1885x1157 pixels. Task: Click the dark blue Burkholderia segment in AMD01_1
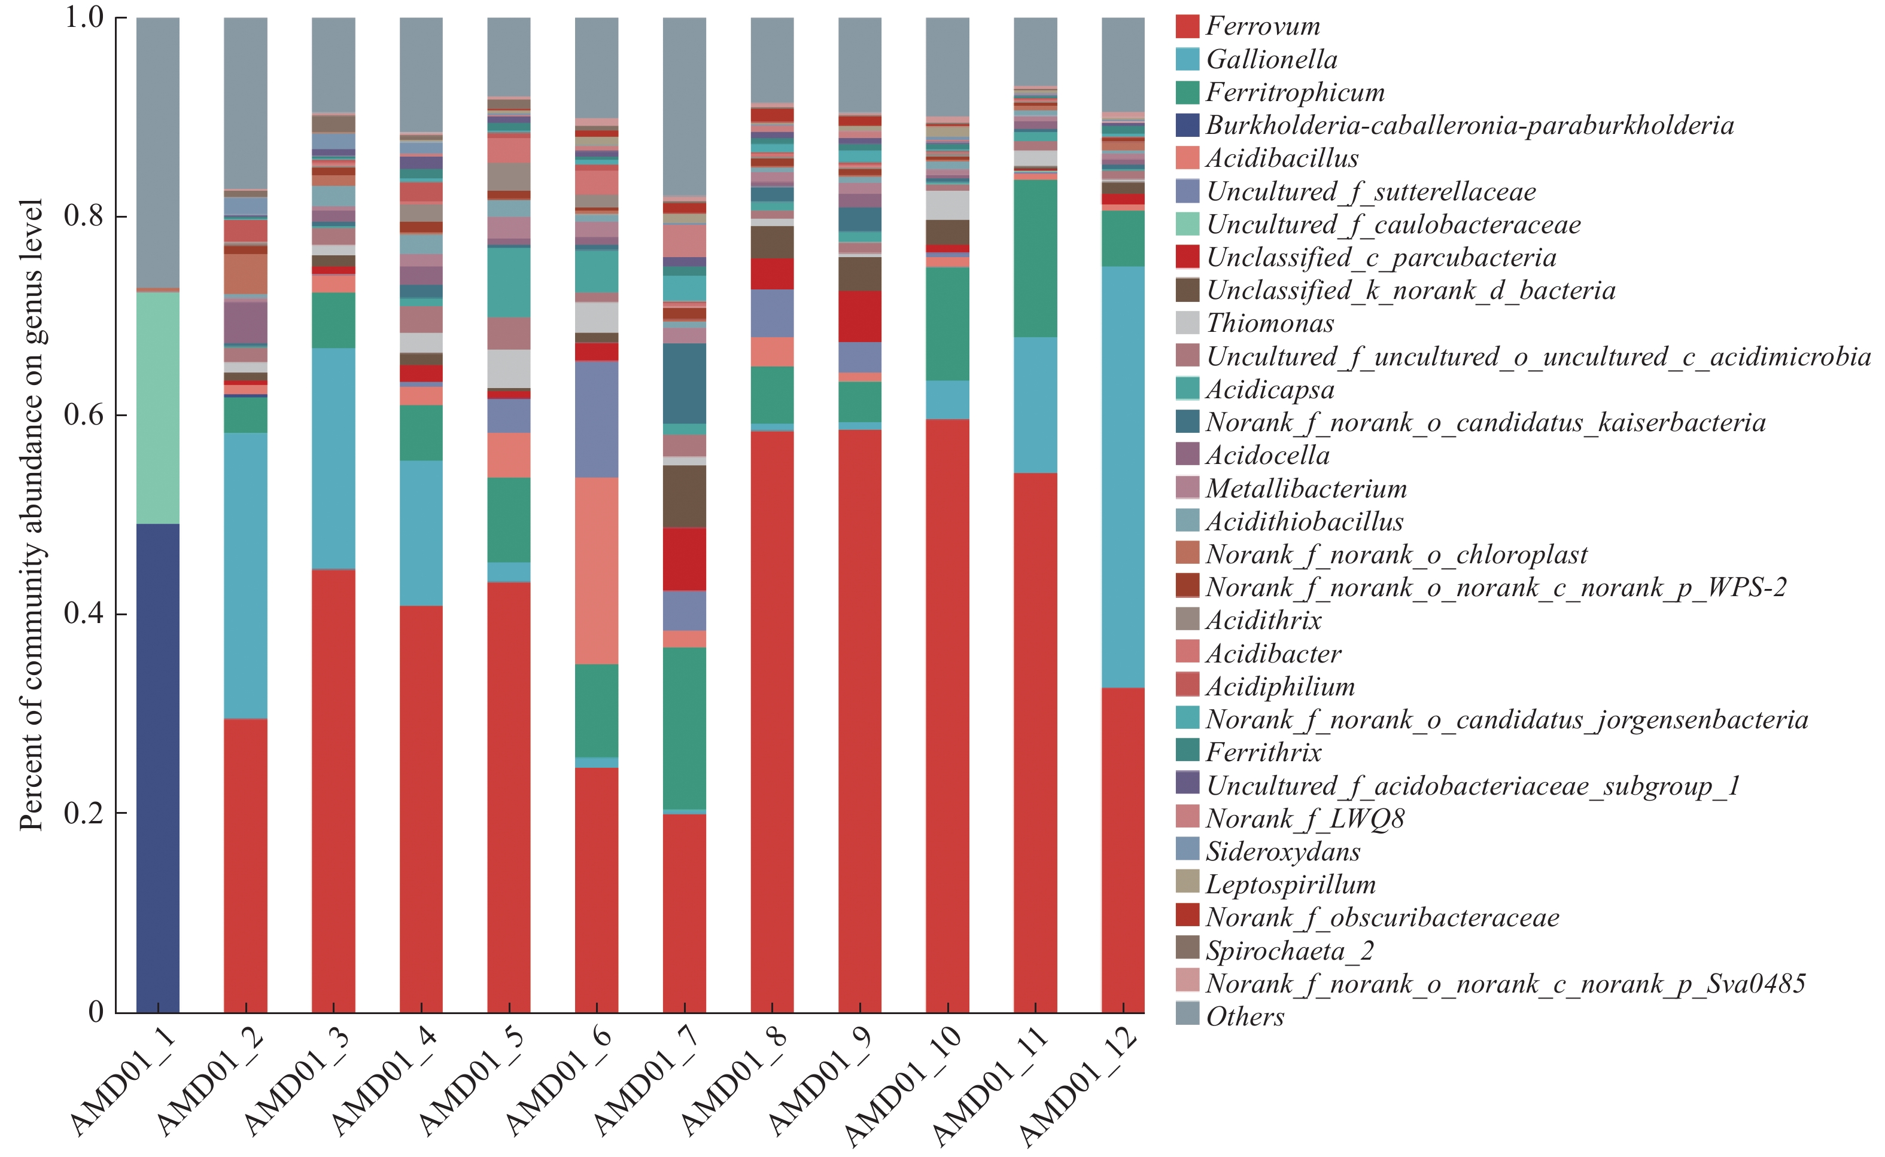[x=158, y=768]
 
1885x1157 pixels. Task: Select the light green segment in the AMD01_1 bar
[x=158, y=408]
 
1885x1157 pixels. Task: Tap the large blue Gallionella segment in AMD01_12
[x=1123, y=477]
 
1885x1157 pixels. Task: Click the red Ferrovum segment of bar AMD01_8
[x=772, y=722]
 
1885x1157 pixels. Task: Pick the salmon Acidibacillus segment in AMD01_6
[x=597, y=571]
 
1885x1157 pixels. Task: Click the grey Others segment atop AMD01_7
[x=685, y=107]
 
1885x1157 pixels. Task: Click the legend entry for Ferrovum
[x=1263, y=27]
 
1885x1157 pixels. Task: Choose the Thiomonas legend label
[x=1269, y=323]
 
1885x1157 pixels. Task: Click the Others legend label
[x=1245, y=1017]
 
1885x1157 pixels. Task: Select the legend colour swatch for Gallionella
[x=1187, y=60]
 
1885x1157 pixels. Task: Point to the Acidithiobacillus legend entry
[x=1304, y=522]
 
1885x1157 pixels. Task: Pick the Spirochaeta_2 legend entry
[x=1290, y=951]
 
